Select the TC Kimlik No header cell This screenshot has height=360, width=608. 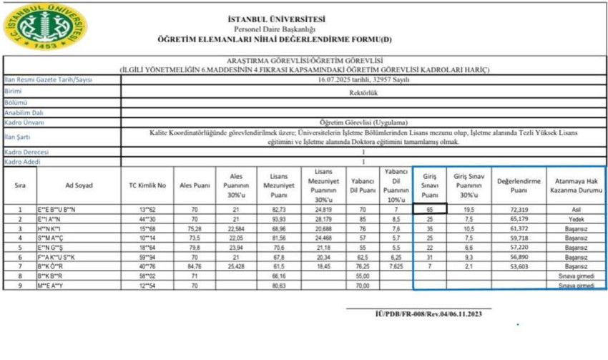point(147,185)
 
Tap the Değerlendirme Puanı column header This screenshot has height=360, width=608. point(519,185)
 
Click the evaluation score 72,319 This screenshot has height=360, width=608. point(519,209)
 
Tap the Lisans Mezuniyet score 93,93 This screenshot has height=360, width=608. point(280,219)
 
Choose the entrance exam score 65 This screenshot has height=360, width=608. point(430,209)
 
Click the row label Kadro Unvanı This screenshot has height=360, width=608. point(24,122)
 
